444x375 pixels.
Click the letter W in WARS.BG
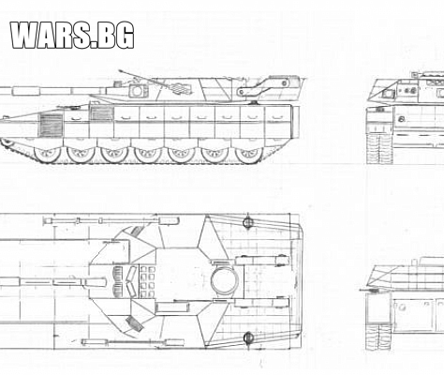click(26, 35)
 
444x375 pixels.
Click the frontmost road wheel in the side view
click(47, 154)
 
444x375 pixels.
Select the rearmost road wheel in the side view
click(248, 154)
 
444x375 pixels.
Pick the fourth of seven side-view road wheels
click(148, 154)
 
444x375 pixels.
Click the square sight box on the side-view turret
click(138, 91)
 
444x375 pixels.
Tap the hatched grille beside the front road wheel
click(51, 125)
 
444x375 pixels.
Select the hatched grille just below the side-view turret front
click(101, 113)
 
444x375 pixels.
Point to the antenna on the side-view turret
click(142, 78)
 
